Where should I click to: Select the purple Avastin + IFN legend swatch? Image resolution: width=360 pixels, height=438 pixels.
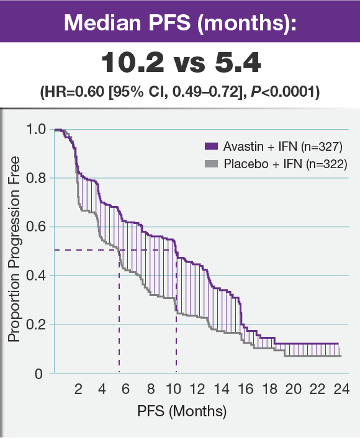211,147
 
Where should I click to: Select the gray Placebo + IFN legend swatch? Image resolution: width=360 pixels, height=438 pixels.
211,164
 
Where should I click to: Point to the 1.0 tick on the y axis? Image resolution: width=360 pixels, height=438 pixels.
36,129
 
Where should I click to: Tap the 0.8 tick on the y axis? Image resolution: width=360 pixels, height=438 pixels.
36,178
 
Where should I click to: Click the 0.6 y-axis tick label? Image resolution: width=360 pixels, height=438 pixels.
36,227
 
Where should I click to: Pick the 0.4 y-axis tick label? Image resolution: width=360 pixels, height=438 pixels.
36,275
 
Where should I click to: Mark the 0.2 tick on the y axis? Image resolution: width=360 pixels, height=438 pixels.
36,324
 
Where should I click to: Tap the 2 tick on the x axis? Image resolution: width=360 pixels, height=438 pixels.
79,390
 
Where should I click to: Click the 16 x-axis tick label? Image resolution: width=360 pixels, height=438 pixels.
245,390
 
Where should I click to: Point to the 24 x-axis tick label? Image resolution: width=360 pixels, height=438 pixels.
341,390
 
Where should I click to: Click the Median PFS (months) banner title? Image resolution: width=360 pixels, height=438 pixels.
180,22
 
